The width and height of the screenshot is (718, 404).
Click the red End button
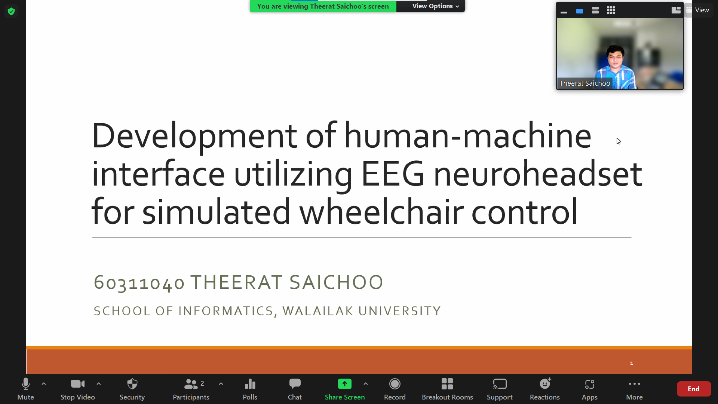(x=694, y=389)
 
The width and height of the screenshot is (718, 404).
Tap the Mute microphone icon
(x=26, y=384)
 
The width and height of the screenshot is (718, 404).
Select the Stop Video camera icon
(x=78, y=384)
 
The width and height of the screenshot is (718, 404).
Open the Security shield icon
(x=132, y=384)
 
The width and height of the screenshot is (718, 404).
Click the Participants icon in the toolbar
(x=191, y=384)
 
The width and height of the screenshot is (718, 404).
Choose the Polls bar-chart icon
(x=250, y=384)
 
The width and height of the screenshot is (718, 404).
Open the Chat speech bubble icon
(x=295, y=384)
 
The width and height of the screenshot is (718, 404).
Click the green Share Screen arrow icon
(x=345, y=384)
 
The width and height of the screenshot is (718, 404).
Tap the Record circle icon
(x=395, y=384)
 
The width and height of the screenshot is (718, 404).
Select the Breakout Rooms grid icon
(x=447, y=384)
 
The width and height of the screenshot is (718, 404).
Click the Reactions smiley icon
(x=545, y=384)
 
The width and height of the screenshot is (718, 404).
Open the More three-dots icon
(x=635, y=384)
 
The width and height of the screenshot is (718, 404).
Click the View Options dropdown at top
(x=436, y=6)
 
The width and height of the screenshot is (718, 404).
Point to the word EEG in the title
(x=393, y=174)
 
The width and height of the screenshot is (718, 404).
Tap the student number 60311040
(x=139, y=282)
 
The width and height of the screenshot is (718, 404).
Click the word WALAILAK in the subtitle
(x=318, y=311)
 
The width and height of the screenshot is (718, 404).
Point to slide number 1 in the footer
(x=632, y=363)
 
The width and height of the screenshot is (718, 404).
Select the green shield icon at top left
(x=11, y=11)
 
